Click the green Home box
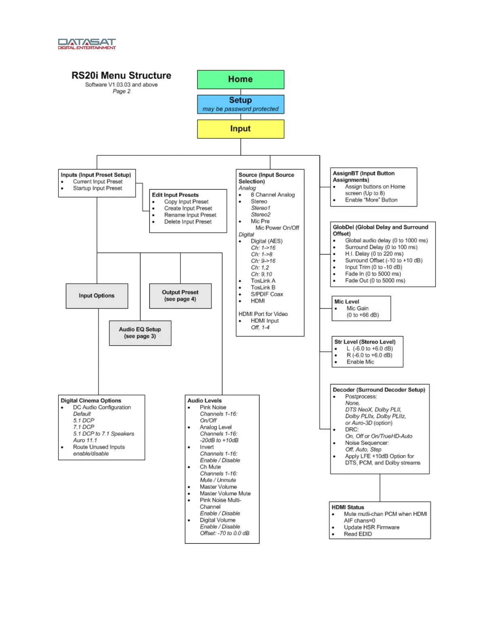click(241, 79)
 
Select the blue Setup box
click(241, 104)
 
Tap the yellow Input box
click(241, 129)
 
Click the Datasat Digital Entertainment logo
click(87, 44)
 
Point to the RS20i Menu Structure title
click(121, 75)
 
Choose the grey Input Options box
click(97, 296)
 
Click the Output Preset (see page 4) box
click(180, 296)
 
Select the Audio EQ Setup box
click(140, 333)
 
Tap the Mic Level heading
click(347, 301)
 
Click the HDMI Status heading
click(348, 507)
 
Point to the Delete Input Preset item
click(188, 221)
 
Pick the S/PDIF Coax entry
click(267, 294)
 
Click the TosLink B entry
click(263, 287)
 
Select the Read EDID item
click(358, 534)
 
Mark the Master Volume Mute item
click(225, 493)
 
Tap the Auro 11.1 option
click(85, 440)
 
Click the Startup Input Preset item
click(97, 188)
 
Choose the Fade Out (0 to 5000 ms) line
click(375, 280)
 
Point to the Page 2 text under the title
click(121, 91)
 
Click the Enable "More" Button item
click(371, 200)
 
